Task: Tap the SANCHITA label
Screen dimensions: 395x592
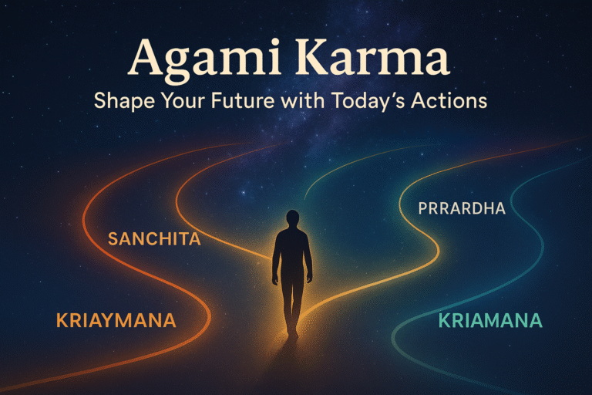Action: click(x=154, y=239)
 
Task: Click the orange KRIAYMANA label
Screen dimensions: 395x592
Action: click(x=116, y=320)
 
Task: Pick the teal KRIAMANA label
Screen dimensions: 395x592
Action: click(x=489, y=320)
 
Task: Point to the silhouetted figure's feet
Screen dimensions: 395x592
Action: click(x=292, y=333)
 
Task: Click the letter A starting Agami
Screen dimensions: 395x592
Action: click(x=145, y=59)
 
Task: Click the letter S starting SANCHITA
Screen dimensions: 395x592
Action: click(x=113, y=239)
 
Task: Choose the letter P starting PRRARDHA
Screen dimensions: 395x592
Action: click(x=422, y=208)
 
